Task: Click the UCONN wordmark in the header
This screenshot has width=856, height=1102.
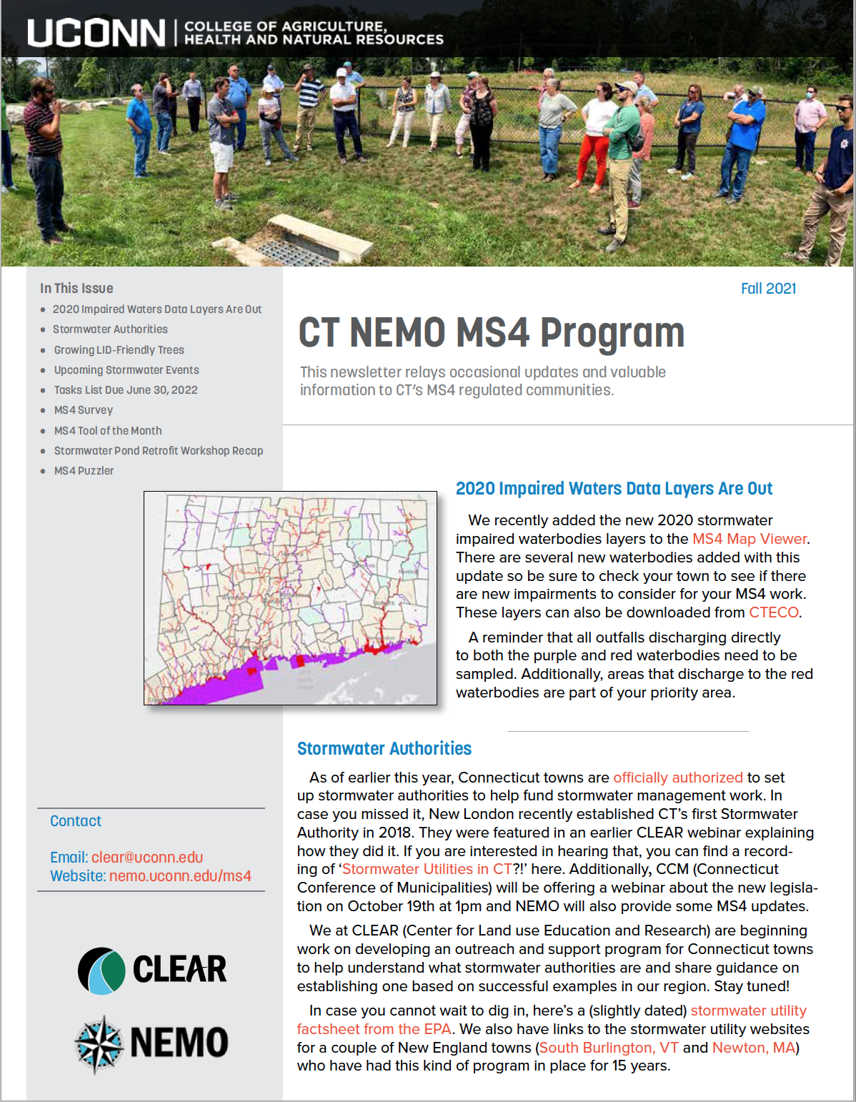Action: pos(96,33)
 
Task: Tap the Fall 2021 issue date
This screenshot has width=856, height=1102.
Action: pos(768,289)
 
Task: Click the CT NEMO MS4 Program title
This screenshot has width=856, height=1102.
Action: pos(491,333)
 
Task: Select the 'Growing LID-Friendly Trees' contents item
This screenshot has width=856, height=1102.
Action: pos(119,350)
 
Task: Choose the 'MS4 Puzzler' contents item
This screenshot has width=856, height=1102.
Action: pos(84,471)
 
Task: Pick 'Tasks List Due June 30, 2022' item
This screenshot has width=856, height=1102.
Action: pos(126,390)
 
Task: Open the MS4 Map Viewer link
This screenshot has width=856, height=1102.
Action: pos(750,539)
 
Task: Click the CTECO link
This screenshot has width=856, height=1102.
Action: pos(773,612)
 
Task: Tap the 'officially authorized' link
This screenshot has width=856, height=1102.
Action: pos(677,778)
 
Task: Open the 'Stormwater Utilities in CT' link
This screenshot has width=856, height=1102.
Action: pos(427,869)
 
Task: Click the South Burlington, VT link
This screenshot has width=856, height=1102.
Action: pos(609,1048)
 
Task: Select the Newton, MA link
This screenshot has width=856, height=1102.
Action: pos(753,1048)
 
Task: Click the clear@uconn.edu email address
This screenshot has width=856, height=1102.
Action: pos(147,858)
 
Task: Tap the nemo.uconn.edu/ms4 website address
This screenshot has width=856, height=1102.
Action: pos(180,876)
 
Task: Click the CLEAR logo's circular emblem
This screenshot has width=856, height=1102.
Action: pos(101,971)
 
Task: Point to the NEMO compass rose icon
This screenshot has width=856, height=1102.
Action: pos(99,1044)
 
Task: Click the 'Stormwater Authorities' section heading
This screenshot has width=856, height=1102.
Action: pos(384,749)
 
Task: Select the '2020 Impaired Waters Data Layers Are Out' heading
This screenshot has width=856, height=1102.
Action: pos(614,489)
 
